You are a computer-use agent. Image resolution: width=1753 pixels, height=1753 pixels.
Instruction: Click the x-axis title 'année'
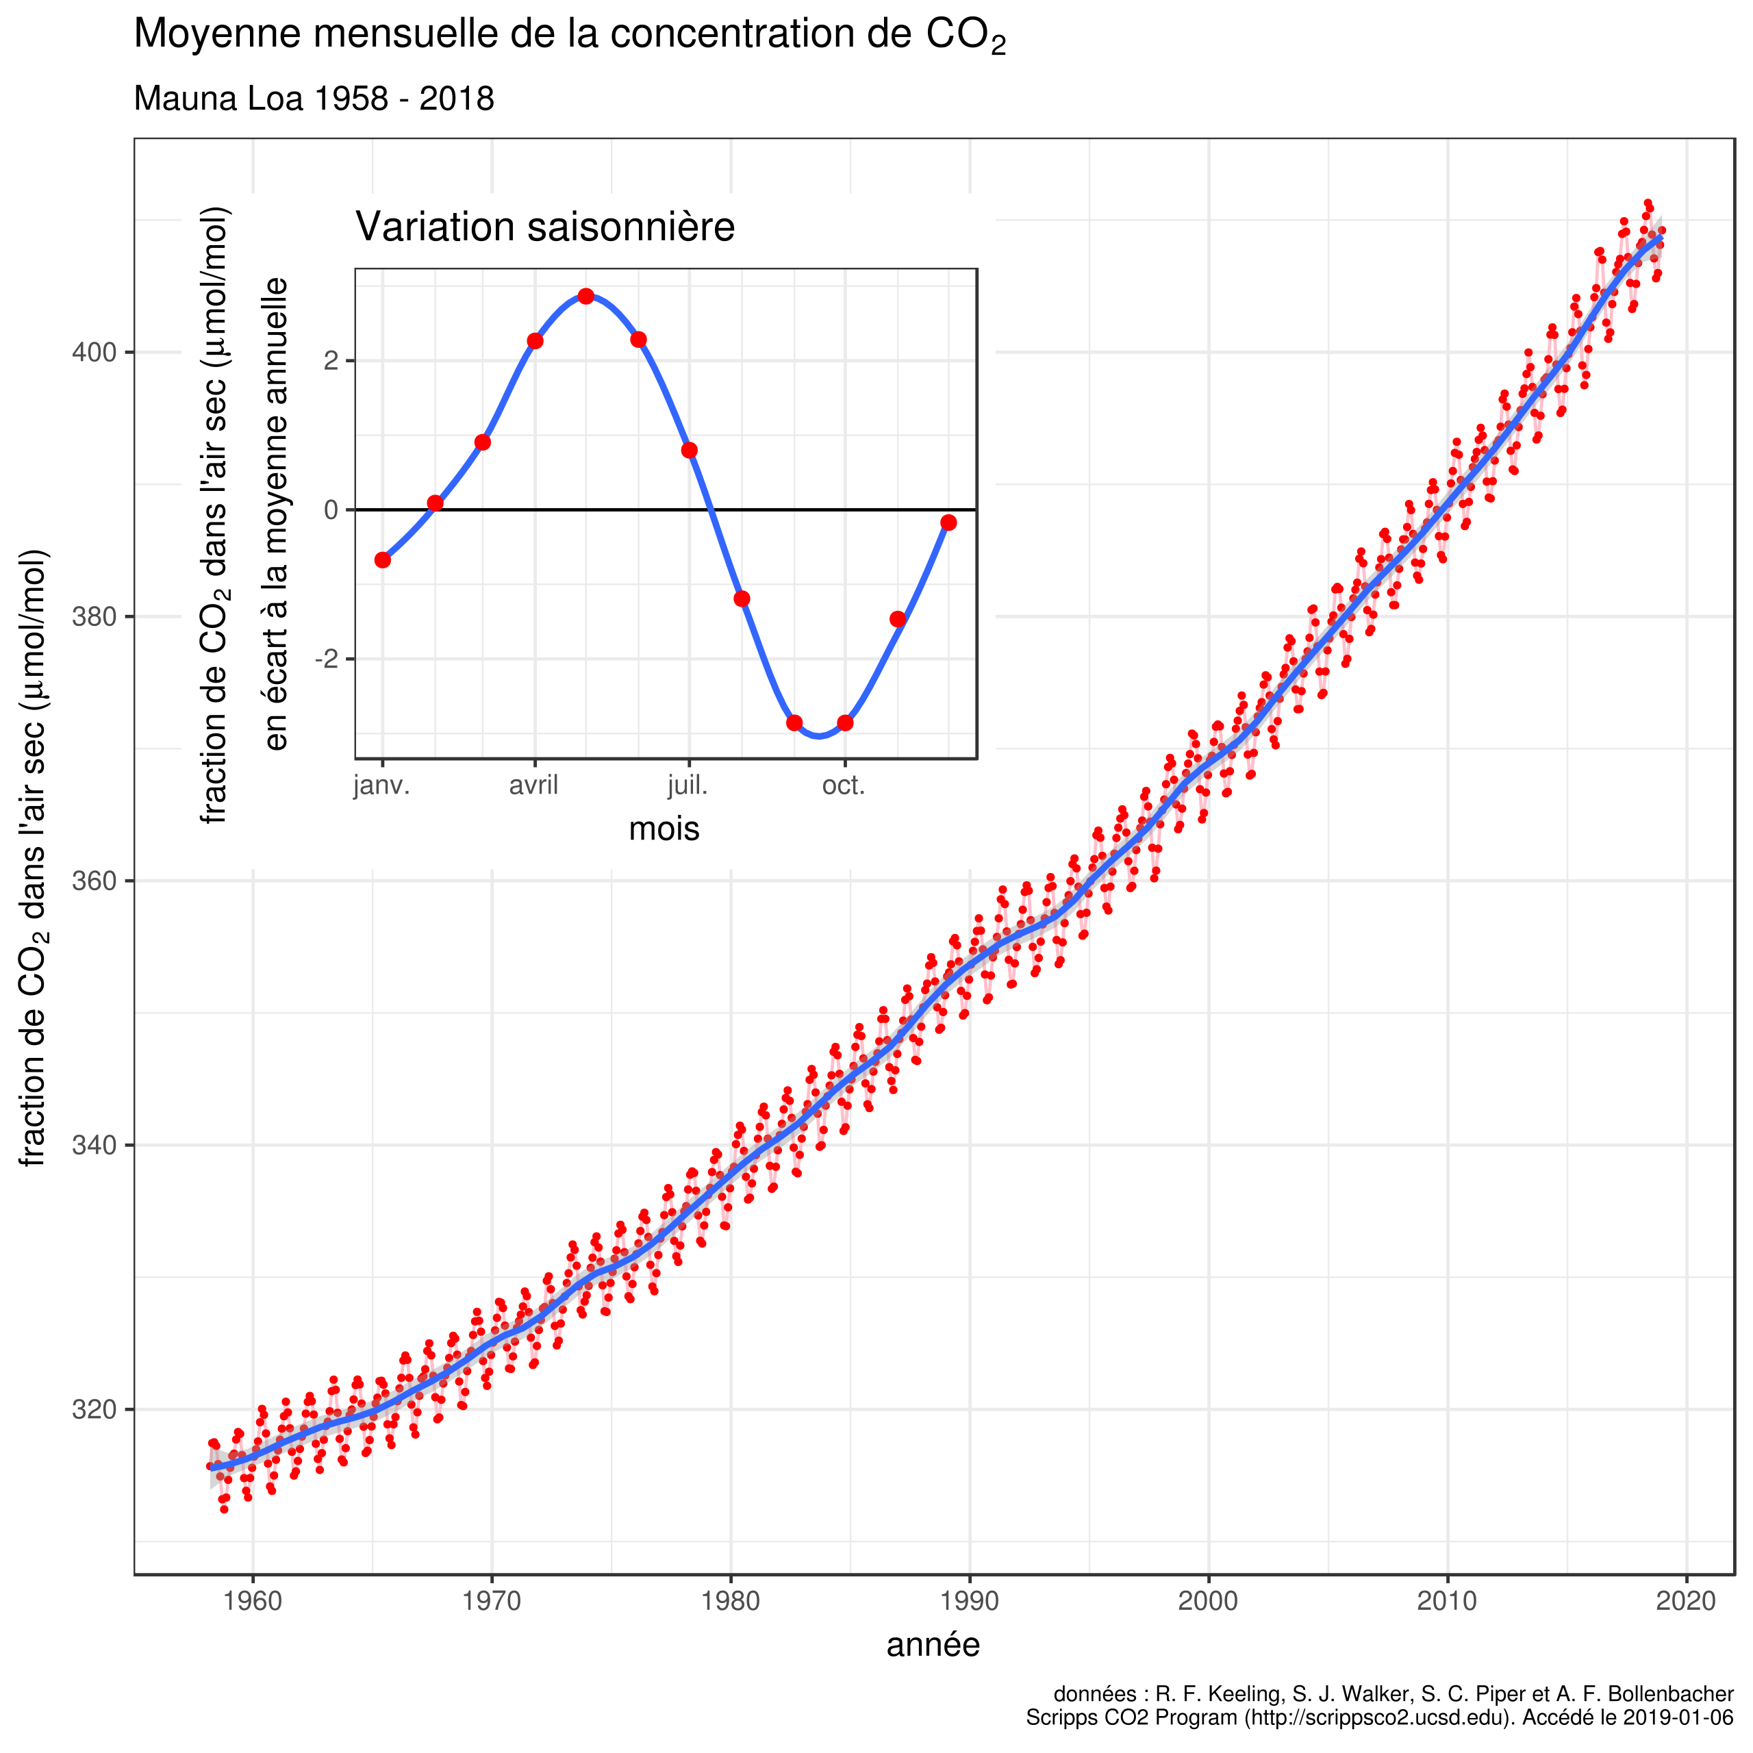[933, 1670]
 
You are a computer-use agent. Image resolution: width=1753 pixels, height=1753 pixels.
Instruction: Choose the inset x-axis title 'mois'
[664, 829]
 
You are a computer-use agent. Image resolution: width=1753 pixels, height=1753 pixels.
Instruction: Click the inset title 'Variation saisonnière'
[544, 227]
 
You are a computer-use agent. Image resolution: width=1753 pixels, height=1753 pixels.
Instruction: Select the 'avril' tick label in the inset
[533, 785]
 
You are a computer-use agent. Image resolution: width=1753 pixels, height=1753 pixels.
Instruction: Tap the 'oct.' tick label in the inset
[844, 785]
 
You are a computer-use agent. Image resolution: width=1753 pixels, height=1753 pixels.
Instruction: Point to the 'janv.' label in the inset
[381, 785]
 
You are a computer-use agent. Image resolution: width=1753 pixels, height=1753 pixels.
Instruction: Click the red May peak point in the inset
[586, 297]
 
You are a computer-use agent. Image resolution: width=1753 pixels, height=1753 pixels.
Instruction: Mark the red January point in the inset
[383, 560]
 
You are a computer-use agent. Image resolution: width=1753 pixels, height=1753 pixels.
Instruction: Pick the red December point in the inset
[948, 522]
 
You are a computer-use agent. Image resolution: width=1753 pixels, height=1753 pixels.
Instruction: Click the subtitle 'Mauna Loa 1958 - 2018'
[314, 99]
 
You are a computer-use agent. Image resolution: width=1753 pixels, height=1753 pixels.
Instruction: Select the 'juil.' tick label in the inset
[688, 785]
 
